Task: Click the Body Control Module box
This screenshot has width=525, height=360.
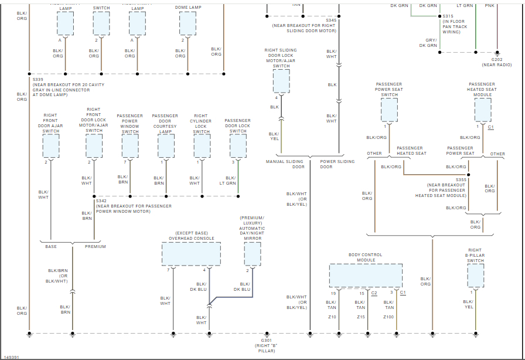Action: [366, 275]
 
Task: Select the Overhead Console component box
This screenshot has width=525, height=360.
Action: [191, 254]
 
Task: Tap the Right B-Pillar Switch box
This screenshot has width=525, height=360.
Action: [475, 275]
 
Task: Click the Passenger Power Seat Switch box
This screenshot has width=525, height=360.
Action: [389, 110]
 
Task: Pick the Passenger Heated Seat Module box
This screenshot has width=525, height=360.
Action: [483, 110]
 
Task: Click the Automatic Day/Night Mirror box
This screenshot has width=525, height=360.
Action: [253, 254]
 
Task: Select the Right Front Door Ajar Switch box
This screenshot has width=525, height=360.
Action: [51, 146]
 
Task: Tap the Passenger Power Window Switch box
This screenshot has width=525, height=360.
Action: [130, 146]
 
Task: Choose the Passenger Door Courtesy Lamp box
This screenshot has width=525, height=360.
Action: [166, 146]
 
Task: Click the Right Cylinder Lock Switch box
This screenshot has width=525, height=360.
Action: [202, 146]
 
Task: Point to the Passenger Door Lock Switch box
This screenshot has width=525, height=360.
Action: [238, 146]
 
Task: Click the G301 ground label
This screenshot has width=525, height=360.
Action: [267, 340]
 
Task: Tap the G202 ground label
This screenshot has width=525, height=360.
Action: [497, 59]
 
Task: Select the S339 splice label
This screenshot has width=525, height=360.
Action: [38, 79]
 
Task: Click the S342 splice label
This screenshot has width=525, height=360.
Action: [101, 201]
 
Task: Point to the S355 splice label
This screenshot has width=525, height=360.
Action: [461, 179]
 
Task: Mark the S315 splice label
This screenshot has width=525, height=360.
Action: [448, 16]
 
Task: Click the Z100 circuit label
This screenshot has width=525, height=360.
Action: [388, 317]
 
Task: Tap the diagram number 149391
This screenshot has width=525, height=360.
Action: [12, 356]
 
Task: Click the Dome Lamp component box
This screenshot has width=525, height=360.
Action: [187, 23]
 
